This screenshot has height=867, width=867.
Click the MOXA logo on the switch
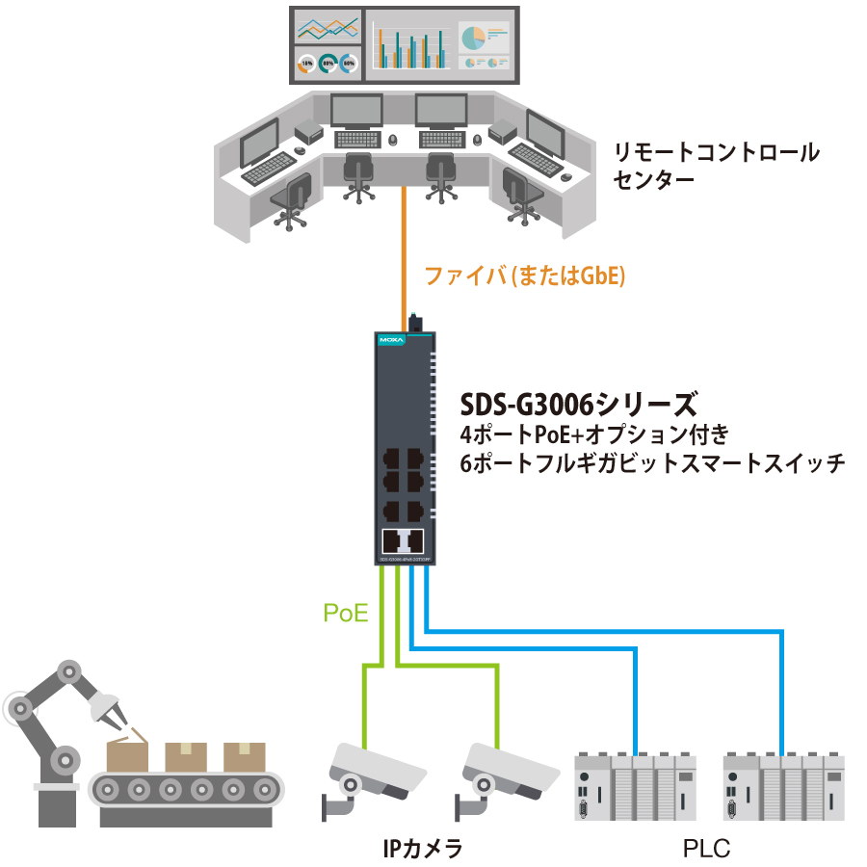point(391,340)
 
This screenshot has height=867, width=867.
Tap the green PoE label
point(346,613)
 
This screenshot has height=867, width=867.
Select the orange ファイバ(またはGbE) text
point(526,277)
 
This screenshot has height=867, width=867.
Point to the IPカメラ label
point(423,849)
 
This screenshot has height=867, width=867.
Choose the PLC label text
point(707,849)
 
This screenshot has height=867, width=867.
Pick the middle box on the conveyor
point(187,755)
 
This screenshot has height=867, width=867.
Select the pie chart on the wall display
point(473,39)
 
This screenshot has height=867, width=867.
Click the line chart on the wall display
point(327,28)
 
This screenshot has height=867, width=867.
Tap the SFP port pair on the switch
point(404,539)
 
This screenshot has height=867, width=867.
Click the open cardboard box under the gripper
point(127,753)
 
